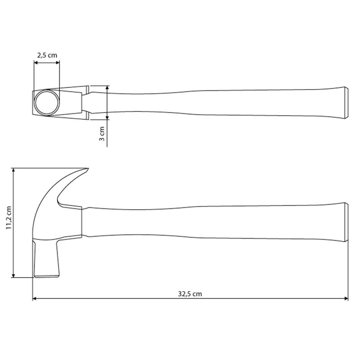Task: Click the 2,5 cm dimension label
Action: (47, 55)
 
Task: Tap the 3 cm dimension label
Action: (102, 134)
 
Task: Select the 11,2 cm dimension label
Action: (9, 217)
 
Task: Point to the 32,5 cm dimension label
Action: (190, 294)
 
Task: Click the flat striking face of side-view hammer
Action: (47, 276)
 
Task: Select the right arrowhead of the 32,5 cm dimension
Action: (346, 298)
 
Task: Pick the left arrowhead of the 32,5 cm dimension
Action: (35, 298)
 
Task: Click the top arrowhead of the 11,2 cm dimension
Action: (13, 170)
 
